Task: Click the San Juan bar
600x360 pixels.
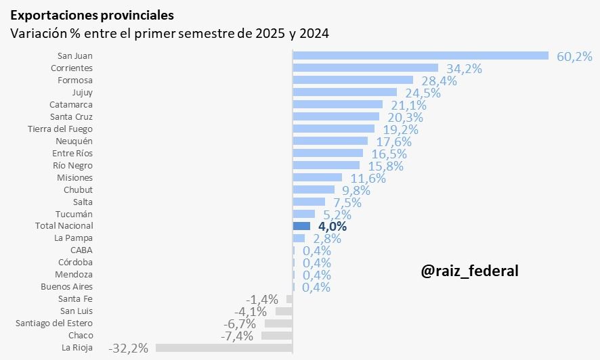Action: [420, 55]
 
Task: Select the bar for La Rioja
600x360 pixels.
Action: [224, 348]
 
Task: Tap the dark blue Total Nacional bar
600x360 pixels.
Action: [301, 226]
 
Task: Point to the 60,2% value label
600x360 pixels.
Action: [574, 57]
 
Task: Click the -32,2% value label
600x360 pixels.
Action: [128, 348]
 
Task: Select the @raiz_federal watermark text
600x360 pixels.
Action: [469, 271]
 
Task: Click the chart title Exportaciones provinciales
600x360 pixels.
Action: [91, 15]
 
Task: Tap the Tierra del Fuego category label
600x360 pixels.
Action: [60, 129]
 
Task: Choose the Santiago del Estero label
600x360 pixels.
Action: [54, 323]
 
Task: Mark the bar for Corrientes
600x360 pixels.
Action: [366, 68]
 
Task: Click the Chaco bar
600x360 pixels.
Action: [276, 336]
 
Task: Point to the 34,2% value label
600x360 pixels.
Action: [464, 68]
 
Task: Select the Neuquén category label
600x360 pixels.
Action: [74, 141]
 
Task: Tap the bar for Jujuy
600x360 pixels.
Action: [345, 92]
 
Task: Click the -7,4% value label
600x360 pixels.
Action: [237, 336]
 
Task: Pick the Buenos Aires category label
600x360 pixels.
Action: [67, 287]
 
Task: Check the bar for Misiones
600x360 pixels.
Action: [317, 177]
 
